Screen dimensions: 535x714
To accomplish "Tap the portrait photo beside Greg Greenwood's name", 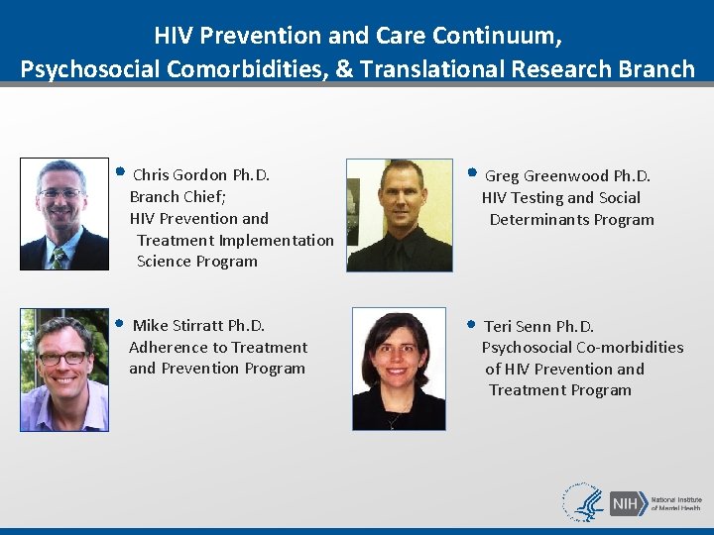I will coord(400,216).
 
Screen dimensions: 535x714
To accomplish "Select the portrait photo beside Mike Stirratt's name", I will coord(64,370).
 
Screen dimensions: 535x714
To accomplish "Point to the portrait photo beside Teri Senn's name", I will coord(399,369).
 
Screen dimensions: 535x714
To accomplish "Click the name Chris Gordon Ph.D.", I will coord(201,175).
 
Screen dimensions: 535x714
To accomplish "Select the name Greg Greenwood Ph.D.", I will coord(567,176).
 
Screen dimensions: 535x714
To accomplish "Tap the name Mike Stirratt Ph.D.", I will coord(198,326).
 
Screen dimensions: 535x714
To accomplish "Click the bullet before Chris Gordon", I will coord(119,171).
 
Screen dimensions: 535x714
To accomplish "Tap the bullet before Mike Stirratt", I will coord(119,322).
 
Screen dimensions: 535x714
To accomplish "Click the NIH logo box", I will coord(628,503).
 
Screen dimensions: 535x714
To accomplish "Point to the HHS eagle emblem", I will coord(584,503).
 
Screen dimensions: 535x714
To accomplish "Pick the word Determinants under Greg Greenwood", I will coord(540,220).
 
